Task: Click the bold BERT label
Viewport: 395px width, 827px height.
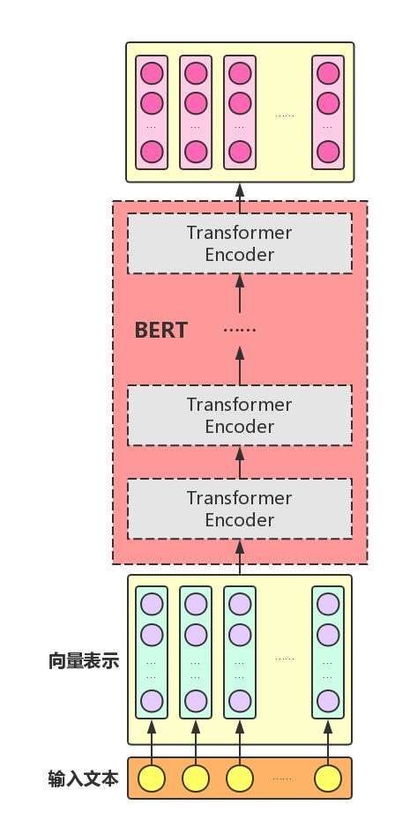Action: pos(160,331)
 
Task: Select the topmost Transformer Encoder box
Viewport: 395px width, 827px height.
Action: pos(239,244)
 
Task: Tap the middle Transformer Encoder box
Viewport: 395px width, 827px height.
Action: pos(239,415)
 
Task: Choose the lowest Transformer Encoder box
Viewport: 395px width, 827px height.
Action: pos(239,509)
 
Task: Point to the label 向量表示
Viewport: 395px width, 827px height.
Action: pos(84,660)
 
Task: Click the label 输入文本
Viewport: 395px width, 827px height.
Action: pos(84,779)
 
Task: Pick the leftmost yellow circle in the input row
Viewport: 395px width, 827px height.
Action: pos(152,779)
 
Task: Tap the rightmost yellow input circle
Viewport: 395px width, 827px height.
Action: pos(328,779)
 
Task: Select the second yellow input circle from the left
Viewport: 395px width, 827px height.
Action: pos(196,779)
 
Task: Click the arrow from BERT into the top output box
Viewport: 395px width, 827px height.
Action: pos(239,192)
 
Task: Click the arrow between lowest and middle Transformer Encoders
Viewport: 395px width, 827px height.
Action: pos(239,462)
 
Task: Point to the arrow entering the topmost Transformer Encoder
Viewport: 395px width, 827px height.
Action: pos(239,287)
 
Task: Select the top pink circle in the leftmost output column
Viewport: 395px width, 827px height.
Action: pos(152,72)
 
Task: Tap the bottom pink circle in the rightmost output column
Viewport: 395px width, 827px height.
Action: pos(328,152)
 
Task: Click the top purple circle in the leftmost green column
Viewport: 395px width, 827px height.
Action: pos(152,605)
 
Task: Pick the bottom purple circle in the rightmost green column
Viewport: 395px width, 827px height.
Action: pos(328,701)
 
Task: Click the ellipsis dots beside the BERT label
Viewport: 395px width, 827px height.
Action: pos(239,330)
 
